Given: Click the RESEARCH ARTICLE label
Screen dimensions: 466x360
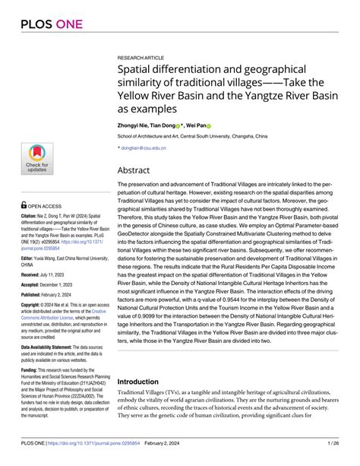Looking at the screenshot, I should pyautogui.click(x=141, y=57).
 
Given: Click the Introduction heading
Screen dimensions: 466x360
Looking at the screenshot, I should pyautogui.click(x=148, y=381).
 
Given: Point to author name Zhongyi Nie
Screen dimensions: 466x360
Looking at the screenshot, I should pyautogui.click(x=134, y=125).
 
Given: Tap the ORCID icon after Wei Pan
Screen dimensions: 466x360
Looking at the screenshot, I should pyautogui.click(x=208, y=125).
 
